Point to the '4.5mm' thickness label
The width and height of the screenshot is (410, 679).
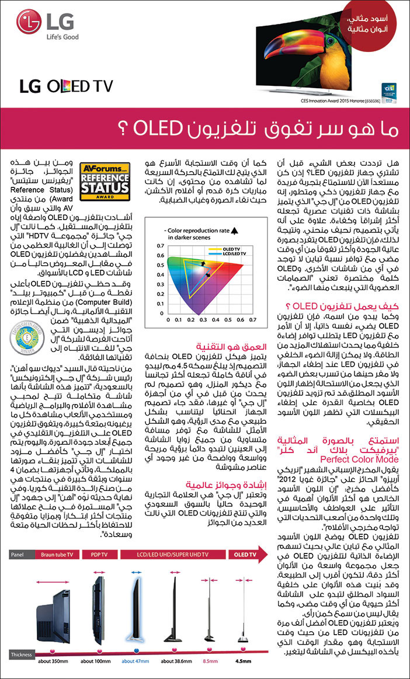click(244, 661)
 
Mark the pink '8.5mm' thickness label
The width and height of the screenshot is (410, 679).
click(210, 661)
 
